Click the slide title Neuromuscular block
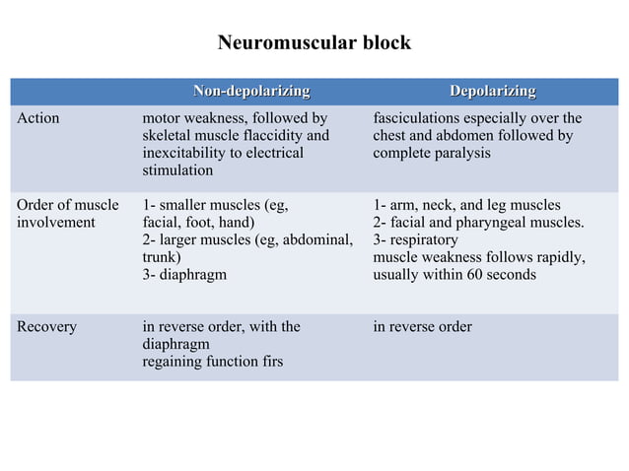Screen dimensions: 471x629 [x=314, y=43]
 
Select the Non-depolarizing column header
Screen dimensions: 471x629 [x=251, y=92]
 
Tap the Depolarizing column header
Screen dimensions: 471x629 [x=492, y=92]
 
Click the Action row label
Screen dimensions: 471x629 [x=38, y=118]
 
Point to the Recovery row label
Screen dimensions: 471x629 [x=46, y=326]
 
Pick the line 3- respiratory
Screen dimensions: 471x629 [x=415, y=239]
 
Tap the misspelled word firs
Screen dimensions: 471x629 [x=270, y=362]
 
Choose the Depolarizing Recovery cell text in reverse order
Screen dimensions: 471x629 [x=422, y=326]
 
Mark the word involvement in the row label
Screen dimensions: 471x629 [x=56, y=223]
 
